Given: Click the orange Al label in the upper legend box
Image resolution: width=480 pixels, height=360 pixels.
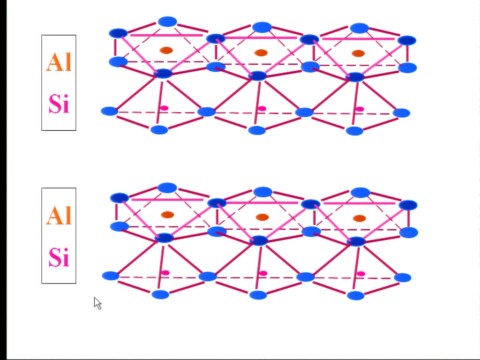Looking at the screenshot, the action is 59,62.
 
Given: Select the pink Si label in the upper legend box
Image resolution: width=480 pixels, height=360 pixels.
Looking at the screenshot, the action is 59,104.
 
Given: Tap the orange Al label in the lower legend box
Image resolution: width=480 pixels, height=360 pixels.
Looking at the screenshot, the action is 59,215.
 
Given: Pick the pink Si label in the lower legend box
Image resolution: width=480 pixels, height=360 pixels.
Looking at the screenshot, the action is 59,257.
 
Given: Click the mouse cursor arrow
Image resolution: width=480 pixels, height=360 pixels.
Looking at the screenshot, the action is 97,303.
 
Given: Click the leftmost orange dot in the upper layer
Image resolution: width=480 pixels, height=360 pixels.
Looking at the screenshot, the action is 166,50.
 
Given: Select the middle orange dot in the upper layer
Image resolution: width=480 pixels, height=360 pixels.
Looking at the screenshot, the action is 261,52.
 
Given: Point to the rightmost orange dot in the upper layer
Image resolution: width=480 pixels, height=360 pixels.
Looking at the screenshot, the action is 358,53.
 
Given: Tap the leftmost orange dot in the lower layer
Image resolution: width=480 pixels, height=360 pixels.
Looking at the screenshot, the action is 167,215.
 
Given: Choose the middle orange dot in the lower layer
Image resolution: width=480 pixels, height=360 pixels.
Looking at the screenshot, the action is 262,217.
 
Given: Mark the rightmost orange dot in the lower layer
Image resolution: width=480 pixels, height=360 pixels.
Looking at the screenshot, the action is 360,218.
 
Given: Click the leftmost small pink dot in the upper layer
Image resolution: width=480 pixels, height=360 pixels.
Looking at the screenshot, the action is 165,108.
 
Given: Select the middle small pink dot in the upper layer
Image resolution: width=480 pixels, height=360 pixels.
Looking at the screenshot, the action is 262,108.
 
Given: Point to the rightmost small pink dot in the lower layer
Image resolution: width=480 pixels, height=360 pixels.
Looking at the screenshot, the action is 361,273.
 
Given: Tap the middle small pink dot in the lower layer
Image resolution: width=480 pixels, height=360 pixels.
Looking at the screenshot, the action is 263,273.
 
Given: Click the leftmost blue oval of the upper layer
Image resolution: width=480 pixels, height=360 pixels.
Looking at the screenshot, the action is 110,111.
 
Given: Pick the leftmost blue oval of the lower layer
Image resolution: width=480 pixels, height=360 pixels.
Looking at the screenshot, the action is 111,276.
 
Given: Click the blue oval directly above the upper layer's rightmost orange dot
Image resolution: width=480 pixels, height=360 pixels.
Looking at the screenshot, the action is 360,28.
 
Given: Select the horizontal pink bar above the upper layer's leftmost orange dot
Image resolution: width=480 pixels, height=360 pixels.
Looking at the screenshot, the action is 166,35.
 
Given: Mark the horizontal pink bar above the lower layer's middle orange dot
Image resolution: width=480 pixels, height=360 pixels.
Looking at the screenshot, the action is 262,202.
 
